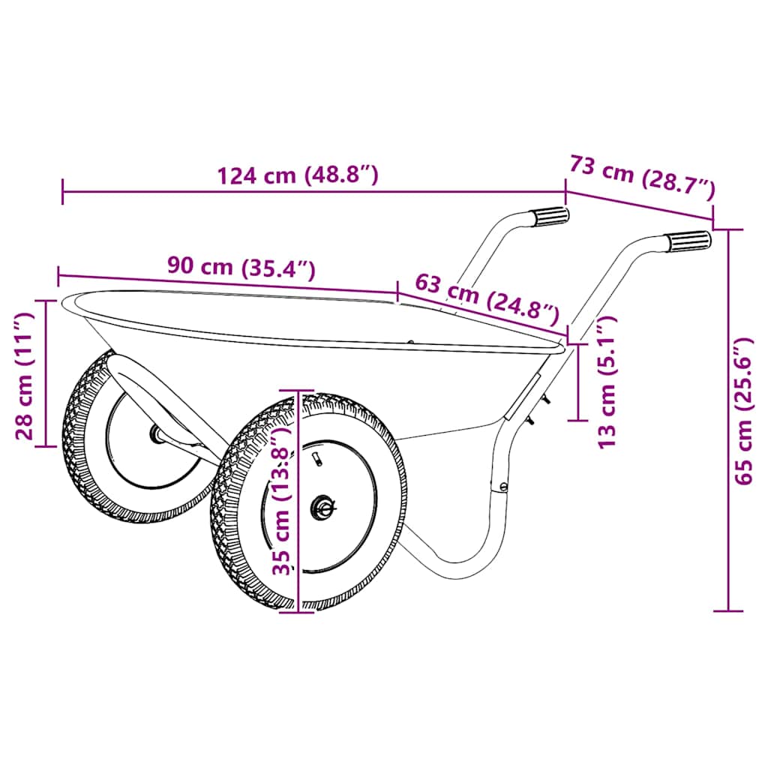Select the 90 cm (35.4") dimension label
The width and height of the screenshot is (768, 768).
(x=241, y=268)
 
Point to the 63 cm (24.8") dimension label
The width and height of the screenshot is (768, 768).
(x=487, y=298)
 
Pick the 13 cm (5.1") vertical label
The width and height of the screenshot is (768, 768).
(x=607, y=382)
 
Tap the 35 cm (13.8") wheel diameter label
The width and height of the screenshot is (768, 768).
(x=282, y=500)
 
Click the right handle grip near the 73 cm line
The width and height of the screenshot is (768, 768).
(x=688, y=242)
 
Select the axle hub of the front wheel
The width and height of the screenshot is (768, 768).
(x=324, y=508)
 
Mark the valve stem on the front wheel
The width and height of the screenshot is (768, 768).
(x=315, y=457)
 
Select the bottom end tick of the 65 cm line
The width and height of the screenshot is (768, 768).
(x=728, y=611)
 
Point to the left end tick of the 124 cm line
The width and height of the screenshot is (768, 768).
(x=63, y=191)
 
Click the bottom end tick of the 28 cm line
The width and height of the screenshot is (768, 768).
(x=46, y=446)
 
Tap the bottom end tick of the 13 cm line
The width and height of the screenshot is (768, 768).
(x=578, y=420)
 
